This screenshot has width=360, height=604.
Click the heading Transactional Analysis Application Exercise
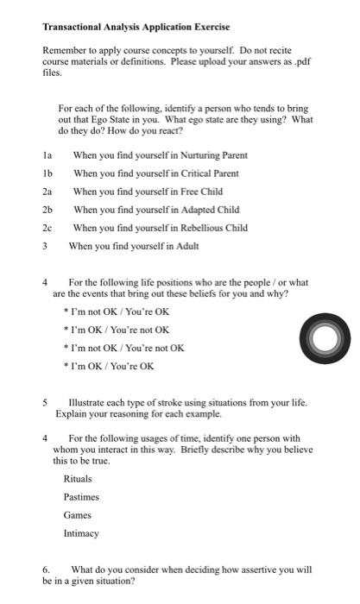tap(136, 28)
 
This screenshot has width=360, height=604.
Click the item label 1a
tap(47, 155)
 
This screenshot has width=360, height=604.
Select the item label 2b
tap(47, 210)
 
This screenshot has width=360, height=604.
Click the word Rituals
tap(78, 479)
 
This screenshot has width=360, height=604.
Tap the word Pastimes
tap(81, 497)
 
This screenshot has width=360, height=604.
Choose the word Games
tap(77, 515)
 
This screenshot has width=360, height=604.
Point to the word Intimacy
tap(81, 533)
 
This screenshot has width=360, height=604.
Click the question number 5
tap(45, 403)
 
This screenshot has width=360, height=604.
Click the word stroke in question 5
tap(169, 403)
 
